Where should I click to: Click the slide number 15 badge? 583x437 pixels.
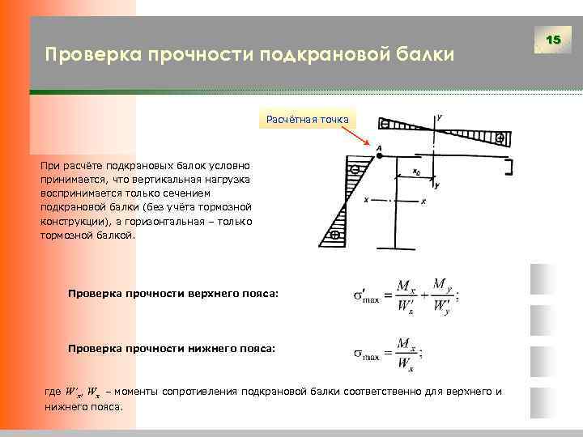coord(554,40)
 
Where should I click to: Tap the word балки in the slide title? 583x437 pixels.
coord(426,55)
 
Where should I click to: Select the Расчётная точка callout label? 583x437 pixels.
coord(308,120)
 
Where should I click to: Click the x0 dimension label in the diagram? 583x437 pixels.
coord(415,172)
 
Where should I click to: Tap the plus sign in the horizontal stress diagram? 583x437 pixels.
coord(500,139)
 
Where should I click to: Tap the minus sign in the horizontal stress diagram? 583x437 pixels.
coord(385,124)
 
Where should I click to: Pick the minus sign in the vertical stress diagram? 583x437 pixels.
coord(354,171)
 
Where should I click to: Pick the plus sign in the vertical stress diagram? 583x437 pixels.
coord(334,235)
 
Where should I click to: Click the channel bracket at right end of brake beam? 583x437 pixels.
coord(509,168)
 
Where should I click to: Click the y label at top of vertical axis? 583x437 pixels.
coord(439,117)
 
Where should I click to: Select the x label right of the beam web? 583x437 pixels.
coord(423,202)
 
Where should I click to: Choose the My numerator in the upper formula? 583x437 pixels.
coord(441,285)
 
